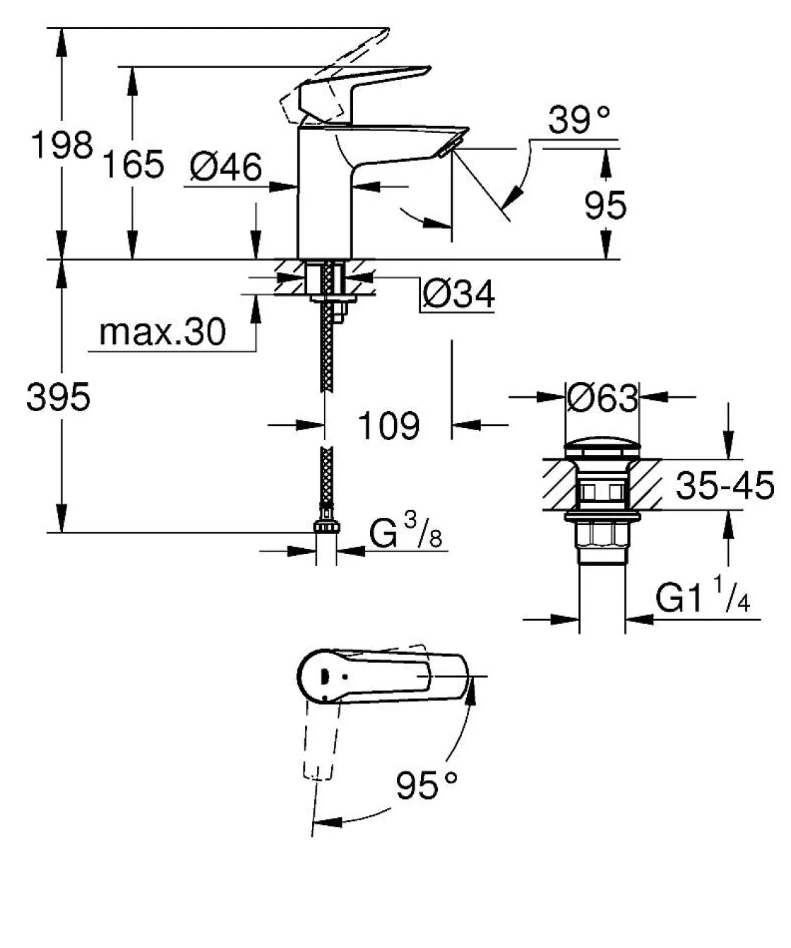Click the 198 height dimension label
pyautogui.click(x=62, y=146)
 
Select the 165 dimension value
pyautogui.click(x=133, y=165)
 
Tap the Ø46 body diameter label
pyautogui.click(x=226, y=167)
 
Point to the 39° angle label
pyautogui.click(x=579, y=120)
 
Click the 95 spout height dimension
pyautogui.click(x=605, y=206)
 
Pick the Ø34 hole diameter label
pyautogui.click(x=458, y=294)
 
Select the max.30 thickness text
pyautogui.click(x=162, y=332)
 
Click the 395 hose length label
pyautogui.click(x=59, y=397)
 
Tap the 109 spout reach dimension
pyautogui.click(x=388, y=425)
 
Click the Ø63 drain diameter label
pyautogui.click(x=602, y=398)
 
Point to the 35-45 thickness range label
pyautogui.click(x=725, y=486)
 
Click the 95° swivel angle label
pyautogui.click(x=426, y=785)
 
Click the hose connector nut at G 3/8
pyautogui.click(x=326, y=527)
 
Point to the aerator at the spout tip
pyautogui.click(x=448, y=146)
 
